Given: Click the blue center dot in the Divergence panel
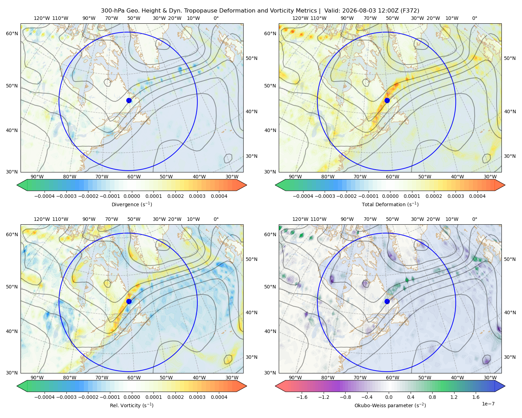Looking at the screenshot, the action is [x=129, y=100].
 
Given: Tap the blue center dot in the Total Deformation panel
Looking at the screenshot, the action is [x=387, y=100].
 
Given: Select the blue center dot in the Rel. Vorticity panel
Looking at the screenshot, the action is [x=129, y=301].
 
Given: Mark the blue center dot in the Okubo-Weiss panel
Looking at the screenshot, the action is [x=387, y=301].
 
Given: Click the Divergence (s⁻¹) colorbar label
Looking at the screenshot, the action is [x=132, y=204].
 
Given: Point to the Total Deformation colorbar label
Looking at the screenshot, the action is [x=390, y=204].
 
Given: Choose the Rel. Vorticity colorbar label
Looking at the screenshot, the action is [x=132, y=405].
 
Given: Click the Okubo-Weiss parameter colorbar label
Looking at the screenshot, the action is [x=390, y=405].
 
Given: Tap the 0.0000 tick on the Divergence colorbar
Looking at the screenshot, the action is [x=132, y=196].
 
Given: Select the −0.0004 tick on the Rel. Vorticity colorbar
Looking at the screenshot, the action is [x=45, y=397].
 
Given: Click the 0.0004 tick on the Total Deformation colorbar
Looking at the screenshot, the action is [x=477, y=196].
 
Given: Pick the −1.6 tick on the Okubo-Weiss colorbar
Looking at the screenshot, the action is [x=302, y=397].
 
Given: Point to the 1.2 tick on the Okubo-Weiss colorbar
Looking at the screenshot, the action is [x=454, y=397].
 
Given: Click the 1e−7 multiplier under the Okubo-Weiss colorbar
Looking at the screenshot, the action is [x=488, y=404].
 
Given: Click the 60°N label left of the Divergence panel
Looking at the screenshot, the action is [x=12, y=33].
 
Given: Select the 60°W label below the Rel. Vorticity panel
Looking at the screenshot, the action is [x=134, y=378].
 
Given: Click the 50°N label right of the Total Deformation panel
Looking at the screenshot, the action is [x=509, y=58].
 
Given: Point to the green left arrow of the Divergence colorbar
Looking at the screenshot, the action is [x=22, y=185].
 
